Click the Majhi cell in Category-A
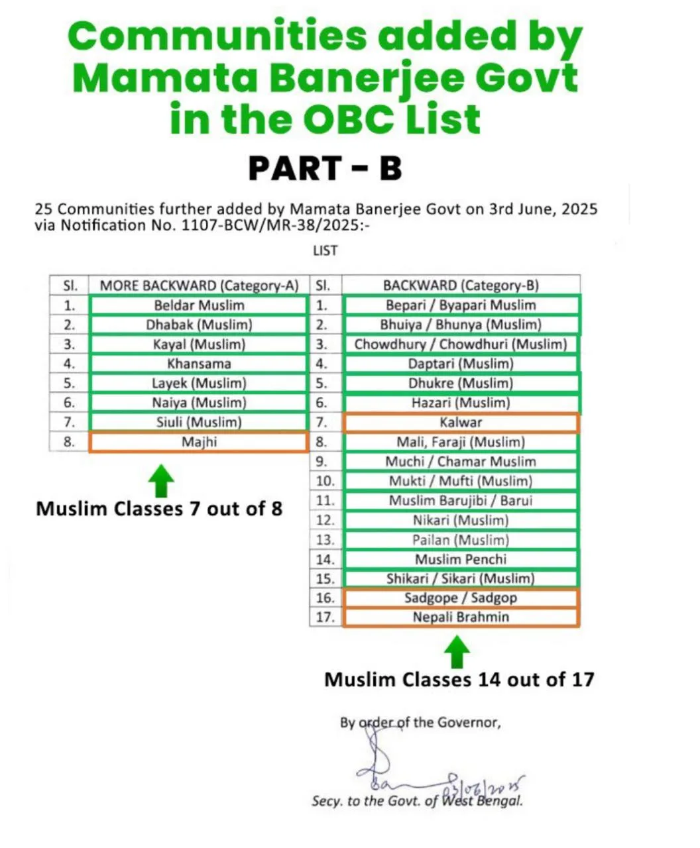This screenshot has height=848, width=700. pyautogui.click(x=199, y=442)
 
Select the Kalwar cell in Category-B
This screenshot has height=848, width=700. pyautogui.click(x=461, y=422)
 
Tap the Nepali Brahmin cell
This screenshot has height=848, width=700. pyautogui.click(x=461, y=617)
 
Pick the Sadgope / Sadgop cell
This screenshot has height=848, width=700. pyautogui.click(x=461, y=598)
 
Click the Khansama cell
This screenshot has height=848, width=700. pyautogui.click(x=199, y=364)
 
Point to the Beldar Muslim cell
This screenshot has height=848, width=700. pyautogui.click(x=199, y=305)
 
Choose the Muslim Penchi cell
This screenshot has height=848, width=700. pyautogui.click(x=461, y=559)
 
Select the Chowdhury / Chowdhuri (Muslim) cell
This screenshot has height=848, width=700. pyautogui.click(x=461, y=344)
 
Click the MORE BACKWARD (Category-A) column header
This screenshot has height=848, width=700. pyautogui.click(x=199, y=286)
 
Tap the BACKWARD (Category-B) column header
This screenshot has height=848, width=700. pyautogui.click(x=461, y=286)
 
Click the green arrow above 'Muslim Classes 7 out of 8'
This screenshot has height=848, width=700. pyautogui.click(x=162, y=480)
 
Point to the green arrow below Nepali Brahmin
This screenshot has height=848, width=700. pyautogui.click(x=457, y=652)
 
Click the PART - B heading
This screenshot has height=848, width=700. pyautogui.click(x=325, y=168)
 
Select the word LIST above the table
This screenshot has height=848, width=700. pyautogui.click(x=325, y=251)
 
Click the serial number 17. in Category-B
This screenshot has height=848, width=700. pyautogui.click(x=325, y=617)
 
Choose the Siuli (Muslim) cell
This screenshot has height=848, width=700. pyautogui.click(x=199, y=422)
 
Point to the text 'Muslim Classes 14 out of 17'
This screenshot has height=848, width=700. pyautogui.click(x=459, y=680)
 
